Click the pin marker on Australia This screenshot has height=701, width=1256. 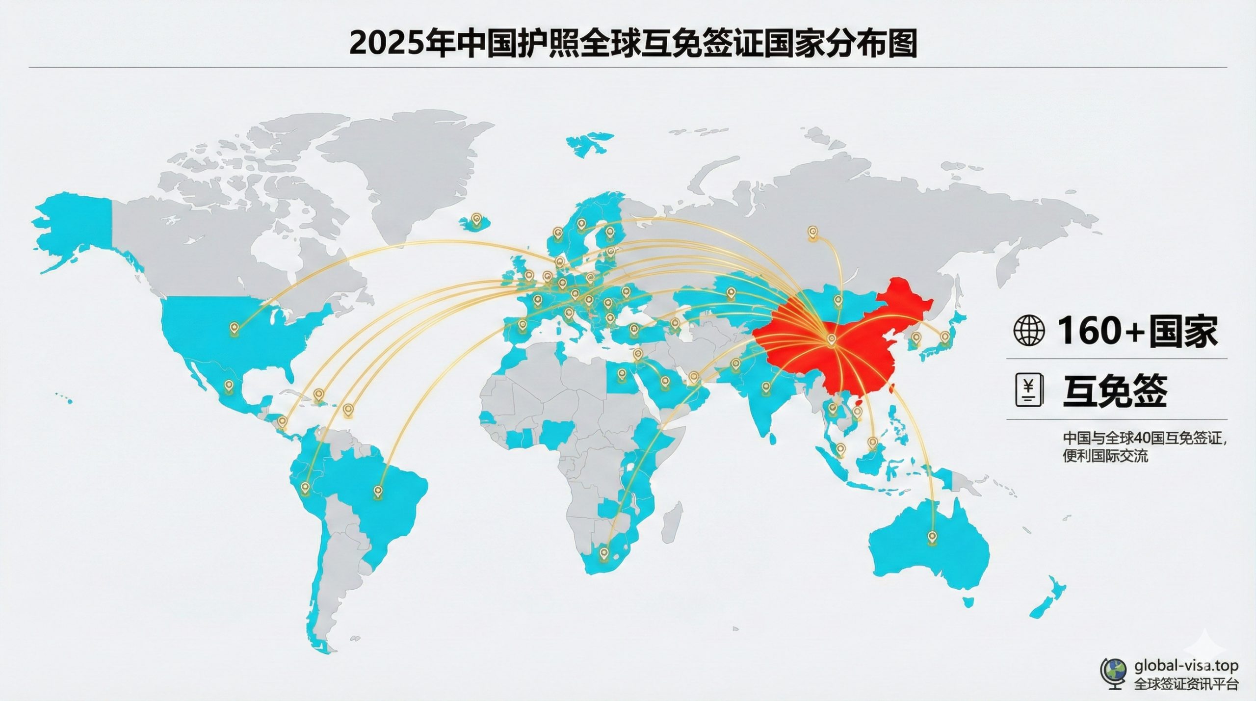click(932, 536)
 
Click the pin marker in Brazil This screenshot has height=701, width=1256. click(378, 491)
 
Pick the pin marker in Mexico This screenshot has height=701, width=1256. click(228, 386)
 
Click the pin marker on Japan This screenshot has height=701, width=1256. click(945, 337)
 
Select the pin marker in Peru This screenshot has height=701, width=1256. click(305, 487)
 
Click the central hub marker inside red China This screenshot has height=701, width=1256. click(831, 338)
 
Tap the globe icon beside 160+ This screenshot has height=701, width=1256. click(1029, 331)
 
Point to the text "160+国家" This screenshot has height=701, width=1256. click(1137, 331)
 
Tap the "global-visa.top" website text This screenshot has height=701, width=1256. click(1185, 666)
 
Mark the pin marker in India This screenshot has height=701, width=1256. click(766, 388)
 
